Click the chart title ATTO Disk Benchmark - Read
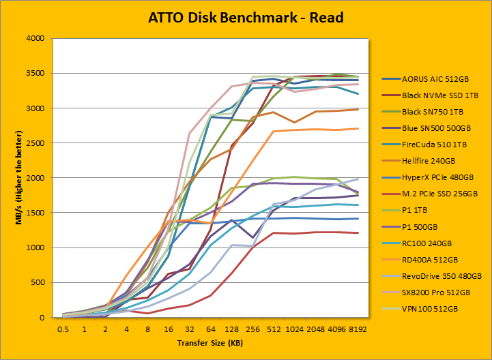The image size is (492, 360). pos(246,18)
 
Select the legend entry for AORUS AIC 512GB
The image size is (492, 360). pos(436,79)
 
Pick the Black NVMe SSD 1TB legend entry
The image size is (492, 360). pos(441,95)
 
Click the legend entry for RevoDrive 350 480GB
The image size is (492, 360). pos(442,275)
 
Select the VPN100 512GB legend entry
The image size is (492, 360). pos(431,308)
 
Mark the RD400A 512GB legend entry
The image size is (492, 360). pos(433,259)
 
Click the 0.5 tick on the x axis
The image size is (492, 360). pos(64,329)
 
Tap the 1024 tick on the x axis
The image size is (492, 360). pos(295,329)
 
